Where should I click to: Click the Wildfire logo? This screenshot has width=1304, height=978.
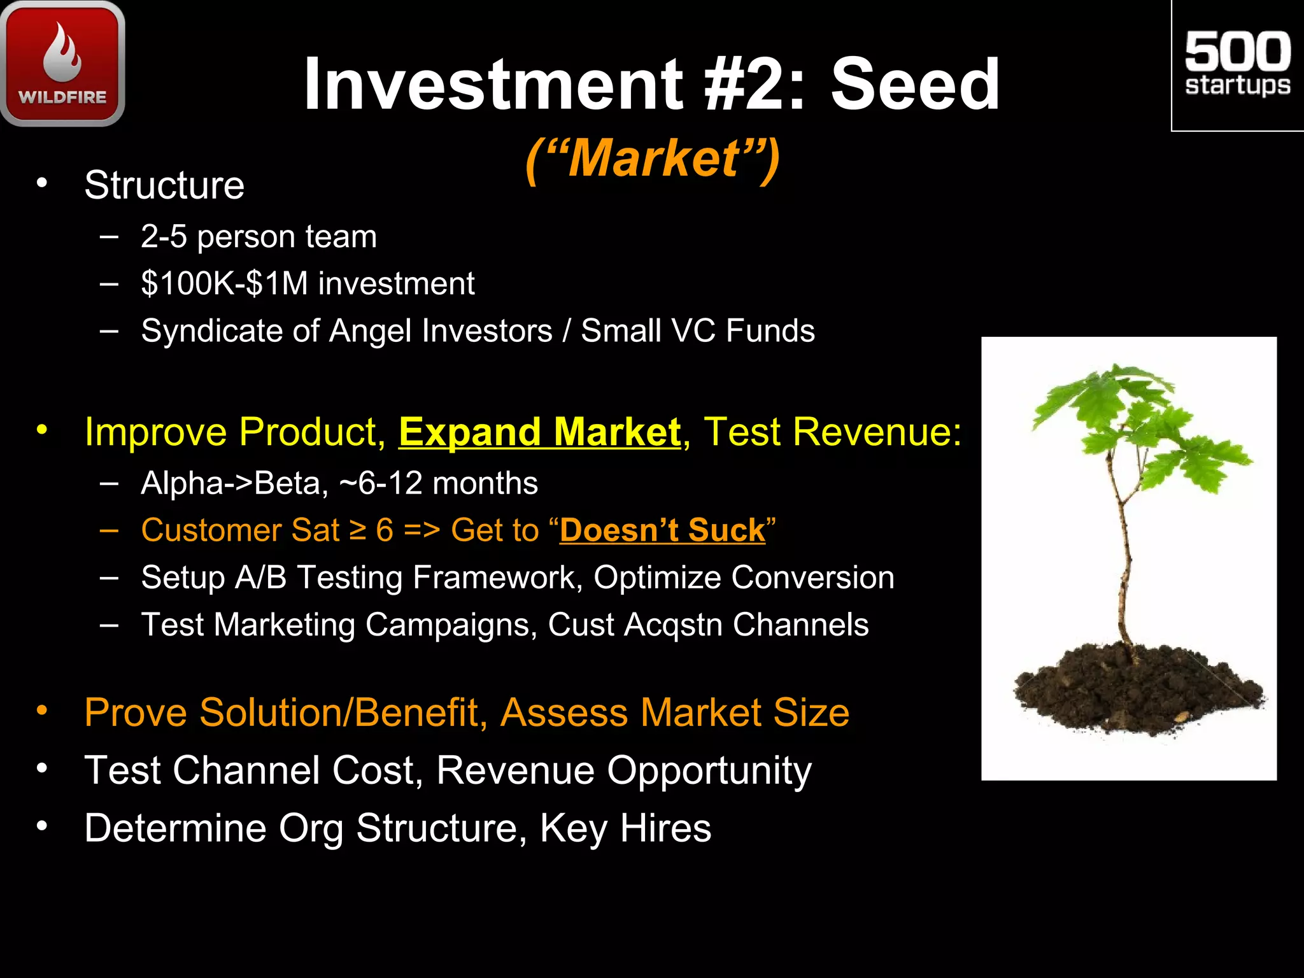coord(62,64)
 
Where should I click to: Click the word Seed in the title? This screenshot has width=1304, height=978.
coord(915,84)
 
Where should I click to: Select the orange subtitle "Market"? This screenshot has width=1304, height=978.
coord(653,159)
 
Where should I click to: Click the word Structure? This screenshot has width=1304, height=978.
coord(164,185)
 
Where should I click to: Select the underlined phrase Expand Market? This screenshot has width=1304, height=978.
coord(539,432)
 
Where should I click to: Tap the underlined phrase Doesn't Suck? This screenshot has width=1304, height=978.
coord(662,530)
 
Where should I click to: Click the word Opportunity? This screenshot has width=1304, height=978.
coord(709,770)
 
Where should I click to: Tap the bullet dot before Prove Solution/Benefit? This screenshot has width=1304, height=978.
coord(42,711)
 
